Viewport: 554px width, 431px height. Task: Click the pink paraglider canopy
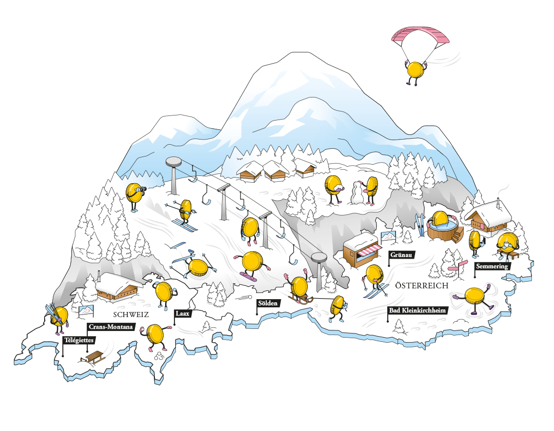click(420, 35)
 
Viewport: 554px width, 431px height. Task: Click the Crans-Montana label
click(111, 327)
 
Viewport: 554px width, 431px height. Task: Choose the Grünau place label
click(402, 254)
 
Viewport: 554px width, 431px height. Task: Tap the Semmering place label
click(492, 266)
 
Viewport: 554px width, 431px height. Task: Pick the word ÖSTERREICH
click(422, 285)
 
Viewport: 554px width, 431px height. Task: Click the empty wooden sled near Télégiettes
click(93, 357)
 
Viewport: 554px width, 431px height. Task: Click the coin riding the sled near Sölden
click(298, 288)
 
